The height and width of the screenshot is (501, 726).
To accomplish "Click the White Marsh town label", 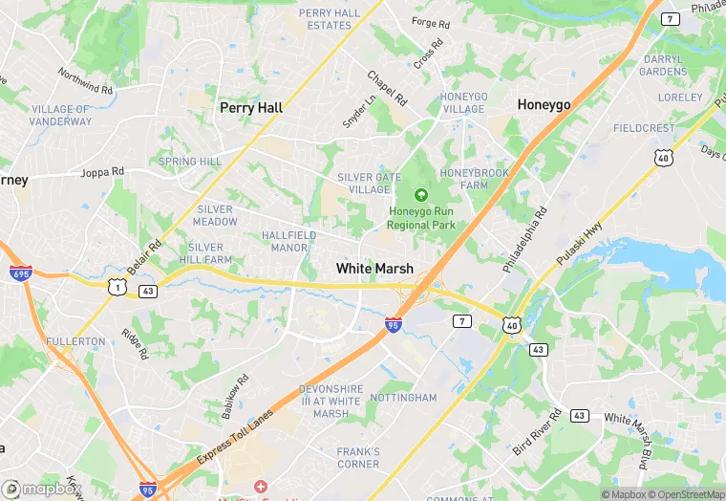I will tap(374, 269).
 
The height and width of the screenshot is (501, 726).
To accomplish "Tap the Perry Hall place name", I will tap(251, 108).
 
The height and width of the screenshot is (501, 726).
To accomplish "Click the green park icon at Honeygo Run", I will tap(421, 195).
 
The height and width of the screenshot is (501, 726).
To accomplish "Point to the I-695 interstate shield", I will tap(19, 272).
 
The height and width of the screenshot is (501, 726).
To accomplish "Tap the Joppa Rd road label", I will tap(103, 173).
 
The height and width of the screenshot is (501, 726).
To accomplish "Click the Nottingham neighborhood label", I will tap(402, 397).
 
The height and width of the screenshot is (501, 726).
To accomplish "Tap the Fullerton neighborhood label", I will tap(75, 341).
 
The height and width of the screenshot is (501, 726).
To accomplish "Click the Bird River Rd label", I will tap(538, 433).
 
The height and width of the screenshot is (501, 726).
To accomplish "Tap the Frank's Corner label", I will tap(358, 458).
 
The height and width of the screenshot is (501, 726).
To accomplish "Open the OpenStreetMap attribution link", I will tap(683, 494).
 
